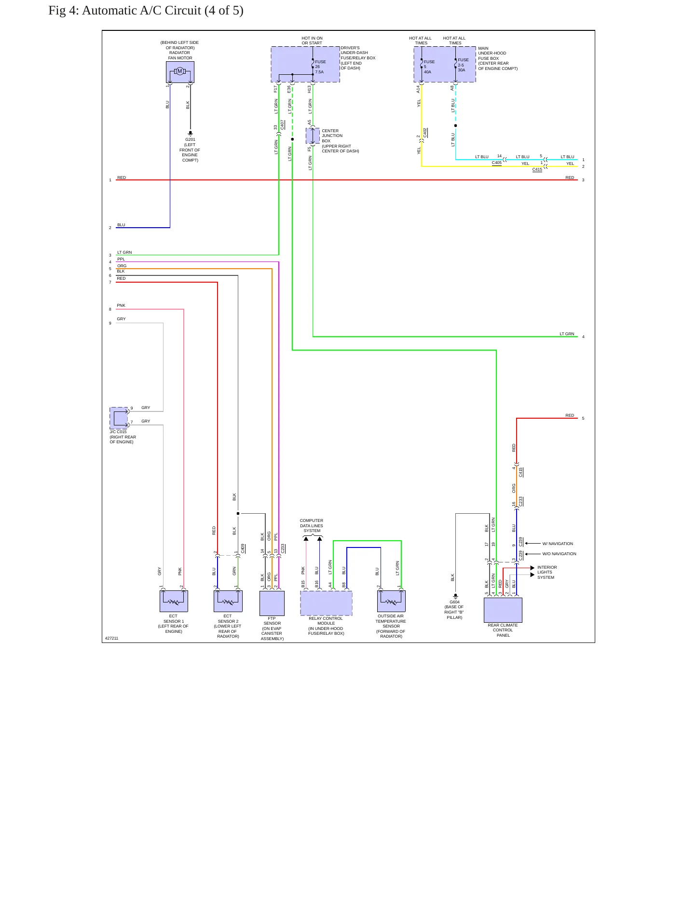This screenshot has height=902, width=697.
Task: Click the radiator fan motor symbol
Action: [x=180, y=72]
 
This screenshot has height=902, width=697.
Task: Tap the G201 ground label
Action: [x=190, y=139]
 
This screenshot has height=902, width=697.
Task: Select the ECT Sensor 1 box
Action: [x=174, y=601]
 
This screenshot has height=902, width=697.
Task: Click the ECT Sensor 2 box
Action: [x=228, y=601]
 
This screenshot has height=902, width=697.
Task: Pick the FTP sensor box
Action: [x=272, y=603]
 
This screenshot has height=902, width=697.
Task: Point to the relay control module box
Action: [x=326, y=603]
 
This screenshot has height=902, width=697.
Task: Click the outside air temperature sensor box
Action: [x=391, y=601]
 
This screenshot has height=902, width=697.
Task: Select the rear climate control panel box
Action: [x=503, y=610]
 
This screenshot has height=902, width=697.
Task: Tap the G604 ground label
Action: [x=454, y=602]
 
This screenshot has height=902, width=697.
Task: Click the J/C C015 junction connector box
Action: [x=119, y=418]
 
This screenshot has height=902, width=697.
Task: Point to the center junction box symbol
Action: [x=313, y=136]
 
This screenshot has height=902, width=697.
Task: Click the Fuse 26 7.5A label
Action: [x=320, y=67]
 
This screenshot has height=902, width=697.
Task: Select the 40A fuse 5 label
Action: [x=429, y=67]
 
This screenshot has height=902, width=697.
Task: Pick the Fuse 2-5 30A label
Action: [x=463, y=65]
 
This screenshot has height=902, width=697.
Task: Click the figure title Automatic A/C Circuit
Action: [x=146, y=11]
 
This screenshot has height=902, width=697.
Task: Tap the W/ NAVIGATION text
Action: [x=558, y=544]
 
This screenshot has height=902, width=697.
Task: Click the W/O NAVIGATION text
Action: [x=559, y=554]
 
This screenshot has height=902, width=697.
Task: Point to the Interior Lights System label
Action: [x=547, y=573]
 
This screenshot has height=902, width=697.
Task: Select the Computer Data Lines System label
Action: [x=312, y=526]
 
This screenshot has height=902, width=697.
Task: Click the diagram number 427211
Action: [x=111, y=638]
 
